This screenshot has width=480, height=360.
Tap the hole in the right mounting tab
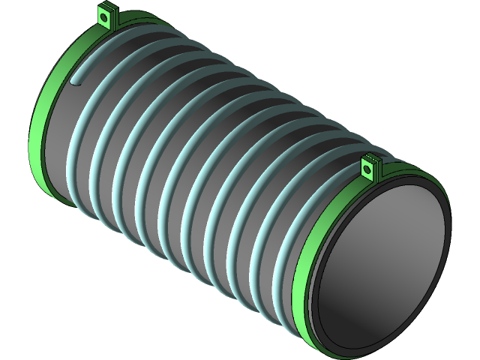(367, 168)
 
